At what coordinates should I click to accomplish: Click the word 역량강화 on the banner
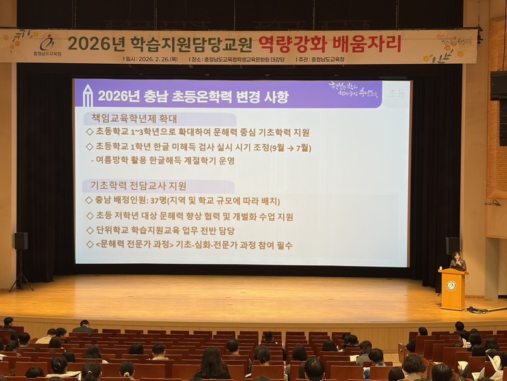point(292,44)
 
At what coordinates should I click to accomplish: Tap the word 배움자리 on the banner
point(368,44)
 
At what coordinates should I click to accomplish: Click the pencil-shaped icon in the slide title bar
point(87,96)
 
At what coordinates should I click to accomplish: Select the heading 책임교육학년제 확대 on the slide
point(130,119)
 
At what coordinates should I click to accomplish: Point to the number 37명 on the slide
point(159,201)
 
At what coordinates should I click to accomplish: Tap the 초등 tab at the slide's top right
point(396,94)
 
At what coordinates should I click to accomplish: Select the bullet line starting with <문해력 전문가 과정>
point(189,245)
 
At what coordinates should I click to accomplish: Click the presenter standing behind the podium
point(458,261)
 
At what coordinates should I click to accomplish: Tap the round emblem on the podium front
point(451,285)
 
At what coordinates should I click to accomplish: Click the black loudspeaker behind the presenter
point(452,246)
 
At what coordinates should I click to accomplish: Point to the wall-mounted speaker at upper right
point(498,85)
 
